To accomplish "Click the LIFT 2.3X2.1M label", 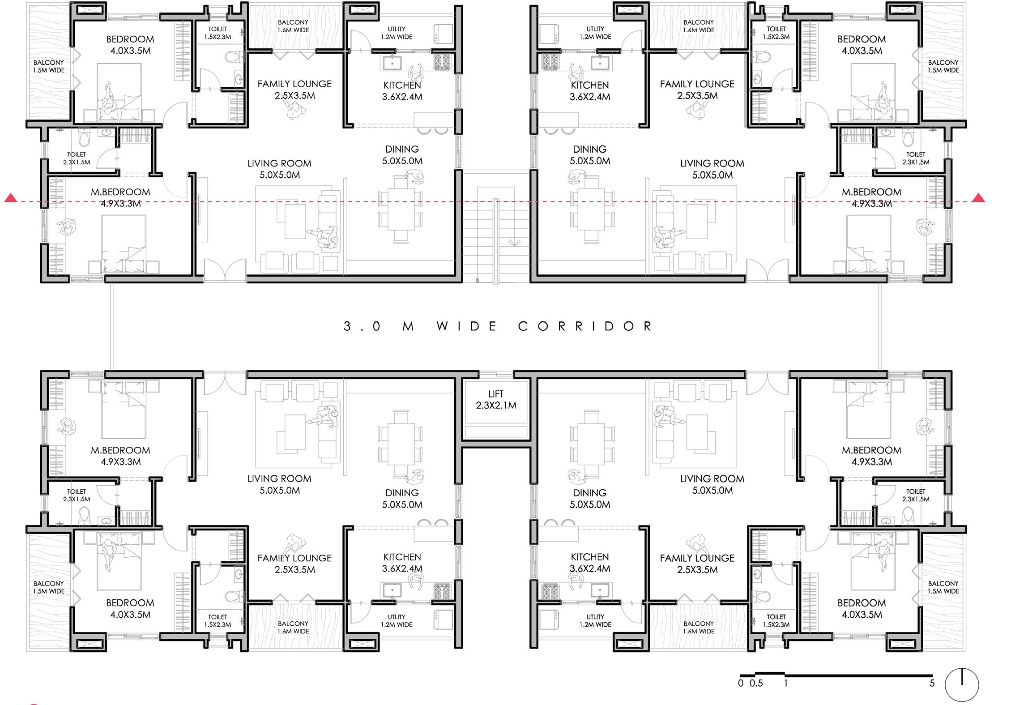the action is click(x=496, y=400).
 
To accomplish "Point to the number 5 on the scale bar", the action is click(x=932, y=683).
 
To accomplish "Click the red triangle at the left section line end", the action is click(x=11, y=198).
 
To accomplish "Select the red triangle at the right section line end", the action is click(x=979, y=198).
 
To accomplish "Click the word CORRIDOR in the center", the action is click(x=585, y=326).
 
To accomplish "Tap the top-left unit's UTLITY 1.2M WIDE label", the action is click(x=397, y=33).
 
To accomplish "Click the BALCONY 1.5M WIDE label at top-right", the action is click(x=943, y=66).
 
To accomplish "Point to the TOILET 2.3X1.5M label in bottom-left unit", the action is click(x=77, y=495).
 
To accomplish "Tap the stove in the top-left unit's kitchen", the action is click(x=442, y=62).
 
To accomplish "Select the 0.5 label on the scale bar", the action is click(x=756, y=683).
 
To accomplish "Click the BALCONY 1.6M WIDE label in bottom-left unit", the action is click(x=293, y=627).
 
